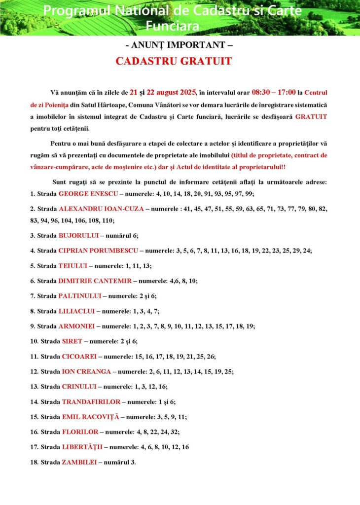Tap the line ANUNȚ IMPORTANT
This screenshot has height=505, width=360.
click(x=179, y=45)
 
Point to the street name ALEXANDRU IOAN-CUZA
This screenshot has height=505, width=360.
click(x=101, y=209)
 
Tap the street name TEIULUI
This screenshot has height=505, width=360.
click(x=72, y=266)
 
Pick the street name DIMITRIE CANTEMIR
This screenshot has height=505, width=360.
click(x=95, y=281)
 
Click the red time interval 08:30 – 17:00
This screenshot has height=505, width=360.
click(x=274, y=92)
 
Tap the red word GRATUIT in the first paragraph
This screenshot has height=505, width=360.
click(x=311, y=117)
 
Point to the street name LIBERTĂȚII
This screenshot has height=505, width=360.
click(x=82, y=447)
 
